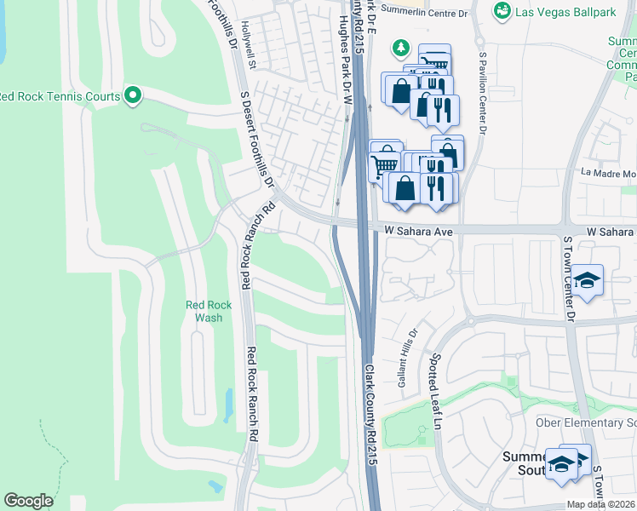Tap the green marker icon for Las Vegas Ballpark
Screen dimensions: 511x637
click(502, 9)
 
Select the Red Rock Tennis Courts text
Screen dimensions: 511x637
click(59, 96)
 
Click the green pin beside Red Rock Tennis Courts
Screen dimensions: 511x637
click(132, 95)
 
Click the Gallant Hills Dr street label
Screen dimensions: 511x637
click(406, 359)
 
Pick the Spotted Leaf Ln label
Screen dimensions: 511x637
click(437, 392)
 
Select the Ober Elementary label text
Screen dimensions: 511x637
click(586, 423)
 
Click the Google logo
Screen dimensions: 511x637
click(29, 501)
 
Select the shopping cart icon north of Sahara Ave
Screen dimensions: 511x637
click(385, 164)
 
